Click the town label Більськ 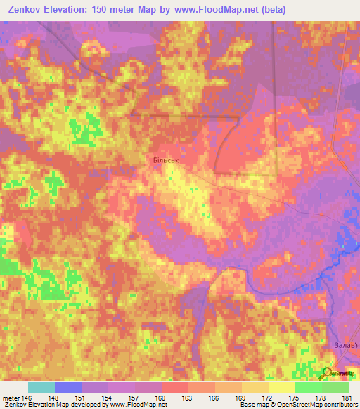pyautogui.click(x=167, y=160)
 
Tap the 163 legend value pyautogui.click(x=188, y=397)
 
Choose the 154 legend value pyautogui.click(x=108, y=397)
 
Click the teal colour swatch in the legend pyautogui.click(x=41, y=387)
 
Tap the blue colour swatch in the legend pyautogui.click(x=67, y=387)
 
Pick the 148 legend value pyautogui.click(x=55, y=397)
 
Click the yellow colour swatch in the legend pyautogui.click(x=281, y=387)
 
